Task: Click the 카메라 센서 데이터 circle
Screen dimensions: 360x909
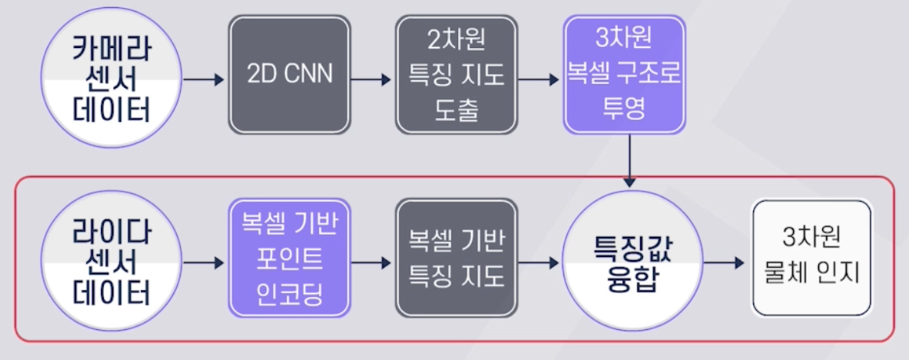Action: tap(111, 78)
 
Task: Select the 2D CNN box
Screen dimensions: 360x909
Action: tap(290, 75)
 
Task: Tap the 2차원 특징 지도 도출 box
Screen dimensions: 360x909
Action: tap(456, 75)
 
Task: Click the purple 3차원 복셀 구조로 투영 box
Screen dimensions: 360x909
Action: tap(624, 75)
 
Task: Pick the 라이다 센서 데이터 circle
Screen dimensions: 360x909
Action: tap(111, 262)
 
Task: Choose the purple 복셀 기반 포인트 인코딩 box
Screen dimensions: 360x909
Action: tap(290, 258)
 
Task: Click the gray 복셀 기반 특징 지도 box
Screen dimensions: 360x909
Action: tap(456, 258)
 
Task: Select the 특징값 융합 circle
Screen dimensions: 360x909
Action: tap(632, 262)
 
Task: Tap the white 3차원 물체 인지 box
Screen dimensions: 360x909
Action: tap(812, 257)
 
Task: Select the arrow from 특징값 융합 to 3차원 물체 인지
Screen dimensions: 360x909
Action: tap(724, 263)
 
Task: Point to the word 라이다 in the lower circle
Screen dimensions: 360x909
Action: tap(112, 231)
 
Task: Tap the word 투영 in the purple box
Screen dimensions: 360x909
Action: tap(624, 108)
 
